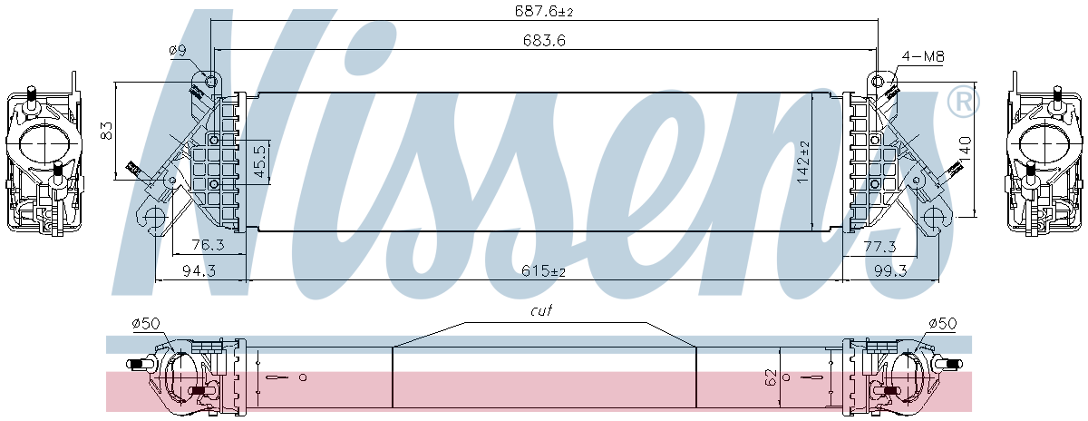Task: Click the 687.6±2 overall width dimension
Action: tap(544, 11)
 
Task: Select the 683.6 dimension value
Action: tap(545, 40)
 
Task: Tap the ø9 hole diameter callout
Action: tap(178, 51)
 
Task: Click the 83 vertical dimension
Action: tap(106, 131)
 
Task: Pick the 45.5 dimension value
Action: tap(260, 161)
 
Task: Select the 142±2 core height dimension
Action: tap(803, 162)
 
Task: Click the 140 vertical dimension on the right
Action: tap(965, 149)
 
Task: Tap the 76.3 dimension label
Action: tap(208, 245)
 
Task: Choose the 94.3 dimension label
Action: tap(199, 270)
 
